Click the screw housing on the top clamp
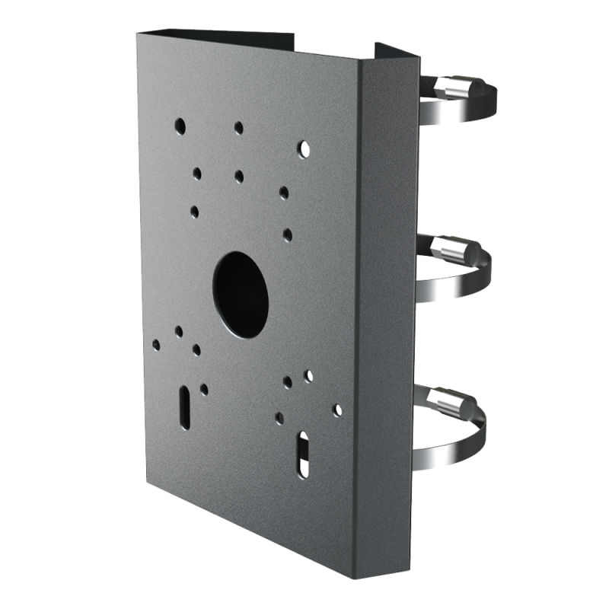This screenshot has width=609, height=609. pyautogui.click(x=456, y=88)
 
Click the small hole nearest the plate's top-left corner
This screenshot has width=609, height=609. pyautogui.click(x=179, y=123)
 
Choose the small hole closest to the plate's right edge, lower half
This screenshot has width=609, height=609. pyautogui.click(x=336, y=410)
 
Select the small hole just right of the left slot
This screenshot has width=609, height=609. pyautogui.click(x=204, y=388)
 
